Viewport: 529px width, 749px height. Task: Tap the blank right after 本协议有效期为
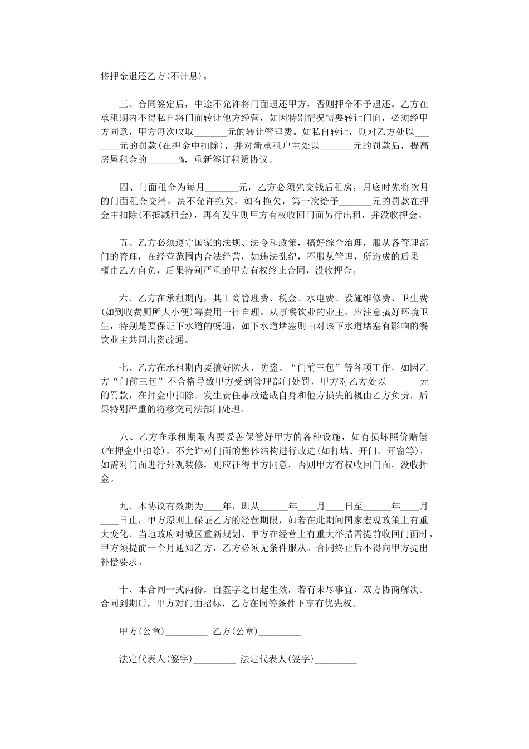coord(213,507)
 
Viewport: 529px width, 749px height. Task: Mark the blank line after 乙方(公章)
coord(280,632)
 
